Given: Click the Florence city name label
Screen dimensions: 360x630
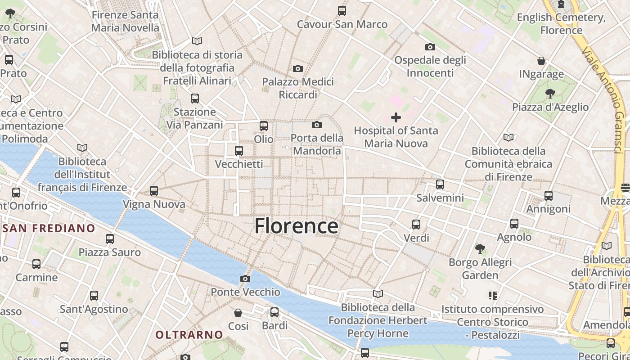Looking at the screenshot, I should (x=296, y=226).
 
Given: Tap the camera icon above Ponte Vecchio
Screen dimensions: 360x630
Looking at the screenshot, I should (x=245, y=279).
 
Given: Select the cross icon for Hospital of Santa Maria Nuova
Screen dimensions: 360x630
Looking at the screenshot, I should (x=396, y=117).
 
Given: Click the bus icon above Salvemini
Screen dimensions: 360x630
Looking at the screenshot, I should (x=440, y=184).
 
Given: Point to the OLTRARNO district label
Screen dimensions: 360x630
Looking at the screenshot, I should (x=189, y=335).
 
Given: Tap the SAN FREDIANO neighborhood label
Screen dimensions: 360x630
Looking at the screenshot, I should (x=49, y=228).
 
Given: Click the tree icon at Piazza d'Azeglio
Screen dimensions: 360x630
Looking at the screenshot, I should (x=550, y=94).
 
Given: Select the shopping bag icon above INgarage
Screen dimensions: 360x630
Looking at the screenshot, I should (x=541, y=60).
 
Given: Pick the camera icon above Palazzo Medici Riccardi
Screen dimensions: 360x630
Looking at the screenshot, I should (x=297, y=68).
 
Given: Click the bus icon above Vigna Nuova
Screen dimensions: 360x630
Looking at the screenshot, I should (x=154, y=191).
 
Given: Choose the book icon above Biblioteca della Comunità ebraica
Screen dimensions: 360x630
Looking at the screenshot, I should (x=508, y=137).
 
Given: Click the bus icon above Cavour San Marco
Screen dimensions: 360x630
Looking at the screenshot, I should (x=342, y=10).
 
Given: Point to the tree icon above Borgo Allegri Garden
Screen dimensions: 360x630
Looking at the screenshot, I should (x=480, y=248).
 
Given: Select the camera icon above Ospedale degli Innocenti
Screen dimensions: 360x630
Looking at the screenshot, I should (x=430, y=47).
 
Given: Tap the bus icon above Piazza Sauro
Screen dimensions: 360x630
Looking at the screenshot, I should (x=110, y=239).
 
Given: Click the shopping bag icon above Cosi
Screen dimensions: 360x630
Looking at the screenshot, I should (x=238, y=312).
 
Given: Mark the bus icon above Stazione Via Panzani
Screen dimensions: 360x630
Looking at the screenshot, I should (x=195, y=98).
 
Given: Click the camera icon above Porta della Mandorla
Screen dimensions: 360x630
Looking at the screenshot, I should (x=317, y=125).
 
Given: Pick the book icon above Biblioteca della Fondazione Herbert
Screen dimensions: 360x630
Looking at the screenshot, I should (x=378, y=294).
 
